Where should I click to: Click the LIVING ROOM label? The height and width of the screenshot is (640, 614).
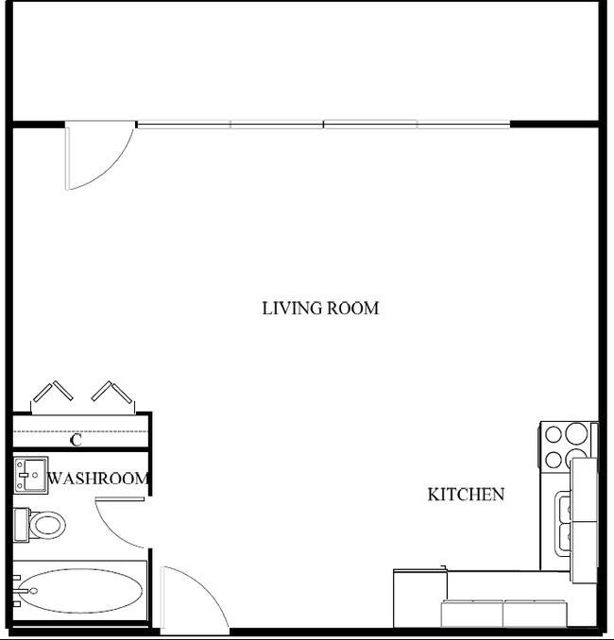320,308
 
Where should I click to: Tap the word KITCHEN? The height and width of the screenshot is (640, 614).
466,495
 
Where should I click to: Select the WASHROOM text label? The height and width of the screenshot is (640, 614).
97,478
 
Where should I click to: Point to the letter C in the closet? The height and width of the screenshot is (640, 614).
76,441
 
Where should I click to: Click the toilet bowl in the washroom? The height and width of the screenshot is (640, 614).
47,525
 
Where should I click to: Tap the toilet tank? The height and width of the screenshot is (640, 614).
21,525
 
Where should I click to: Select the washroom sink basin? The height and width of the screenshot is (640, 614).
30,475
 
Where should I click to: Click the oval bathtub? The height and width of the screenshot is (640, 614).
80,591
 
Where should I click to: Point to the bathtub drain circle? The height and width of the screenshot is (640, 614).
33,591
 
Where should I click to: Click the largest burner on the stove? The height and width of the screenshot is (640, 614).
576,433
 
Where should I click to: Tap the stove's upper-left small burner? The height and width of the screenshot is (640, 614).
554,434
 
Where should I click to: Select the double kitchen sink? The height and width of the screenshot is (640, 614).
563,523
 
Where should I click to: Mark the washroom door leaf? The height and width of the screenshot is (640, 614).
120,498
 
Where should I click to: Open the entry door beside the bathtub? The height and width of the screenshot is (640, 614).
162,600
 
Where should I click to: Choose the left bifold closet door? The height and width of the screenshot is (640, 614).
52,392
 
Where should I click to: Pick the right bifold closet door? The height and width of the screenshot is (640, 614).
112,392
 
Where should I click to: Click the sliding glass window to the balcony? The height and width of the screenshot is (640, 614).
323,125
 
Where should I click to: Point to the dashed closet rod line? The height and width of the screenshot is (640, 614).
80,431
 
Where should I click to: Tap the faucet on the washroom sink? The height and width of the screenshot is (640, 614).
24,475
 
